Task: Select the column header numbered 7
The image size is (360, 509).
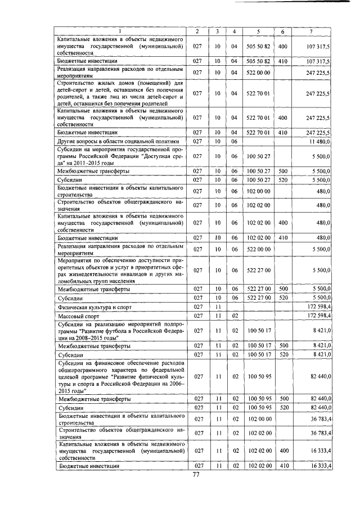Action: [x=311, y=30]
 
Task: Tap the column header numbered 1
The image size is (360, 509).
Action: [x=120, y=30]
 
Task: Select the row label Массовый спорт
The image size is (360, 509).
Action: [x=76, y=317]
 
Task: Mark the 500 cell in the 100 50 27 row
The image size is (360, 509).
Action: [x=282, y=170]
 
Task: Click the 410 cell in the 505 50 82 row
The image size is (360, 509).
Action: [x=282, y=60]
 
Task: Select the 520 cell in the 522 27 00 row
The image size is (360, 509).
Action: [x=282, y=297]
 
